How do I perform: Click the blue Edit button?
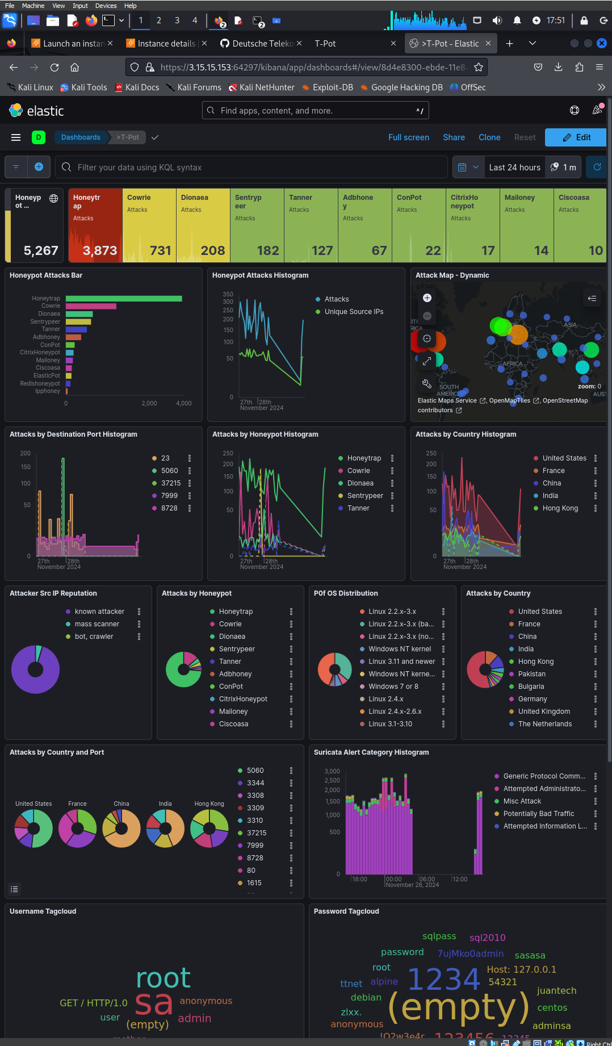[x=576, y=137]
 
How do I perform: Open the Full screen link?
[x=408, y=137]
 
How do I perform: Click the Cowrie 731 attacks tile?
[x=149, y=225]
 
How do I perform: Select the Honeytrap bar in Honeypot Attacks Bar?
[x=124, y=299]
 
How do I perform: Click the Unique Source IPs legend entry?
[x=353, y=312]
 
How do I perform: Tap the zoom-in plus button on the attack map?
[x=427, y=298]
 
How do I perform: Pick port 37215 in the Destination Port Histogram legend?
[x=170, y=483]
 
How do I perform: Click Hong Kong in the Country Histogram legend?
[x=560, y=508]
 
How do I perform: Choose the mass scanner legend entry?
[x=97, y=624]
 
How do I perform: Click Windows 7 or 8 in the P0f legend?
[x=393, y=687]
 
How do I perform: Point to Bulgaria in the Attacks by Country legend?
[x=531, y=687]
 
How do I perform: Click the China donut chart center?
[x=121, y=829]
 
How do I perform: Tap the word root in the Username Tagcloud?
[x=164, y=978]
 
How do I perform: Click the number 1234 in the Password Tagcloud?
[x=444, y=979]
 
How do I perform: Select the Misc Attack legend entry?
[x=522, y=801]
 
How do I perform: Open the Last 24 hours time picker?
[x=514, y=168]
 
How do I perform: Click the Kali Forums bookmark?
[x=199, y=87]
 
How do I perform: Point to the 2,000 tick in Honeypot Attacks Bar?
[x=149, y=404]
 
